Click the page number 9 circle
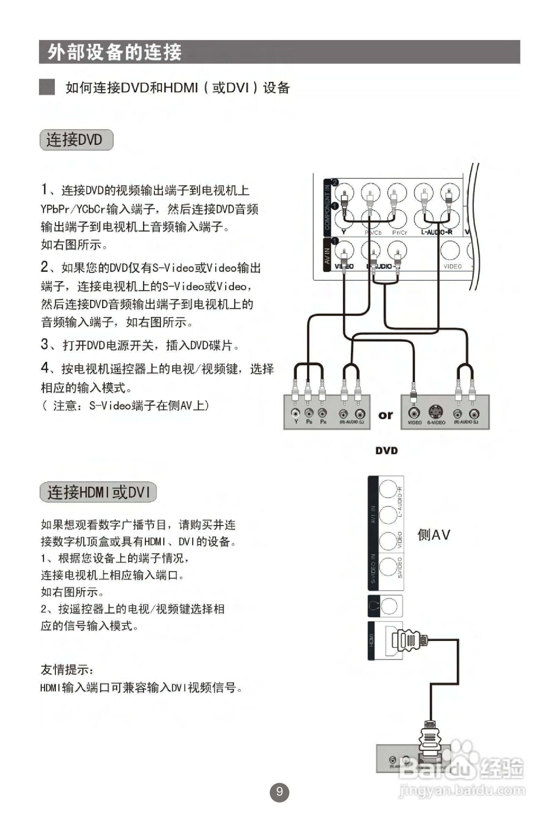pyautogui.click(x=279, y=792)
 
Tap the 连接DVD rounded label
pyautogui.click(x=77, y=140)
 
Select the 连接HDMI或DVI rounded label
pyautogui.click(x=98, y=492)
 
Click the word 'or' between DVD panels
pyautogui.click(x=385, y=415)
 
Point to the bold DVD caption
pyautogui.click(x=386, y=451)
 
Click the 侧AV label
pyautogui.click(x=434, y=535)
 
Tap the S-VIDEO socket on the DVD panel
pyautogui.click(x=436, y=412)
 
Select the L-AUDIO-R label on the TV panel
pyautogui.click(x=437, y=232)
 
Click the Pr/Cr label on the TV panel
pyautogui.click(x=399, y=233)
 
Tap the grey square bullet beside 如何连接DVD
pyautogui.click(x=47, y=87)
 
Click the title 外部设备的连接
pyautogui.click(x=114, y=52)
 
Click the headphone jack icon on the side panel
pyautogui.click(x=373, y=606)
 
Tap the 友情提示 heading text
pyautogui.click(x=67, y=670)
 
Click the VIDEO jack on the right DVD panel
pyautogui.click(x=414, y=413)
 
